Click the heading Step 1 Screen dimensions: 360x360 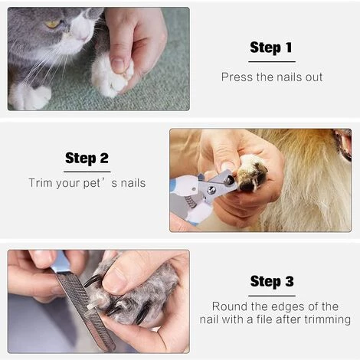[x=271, y=47]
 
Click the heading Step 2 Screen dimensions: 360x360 [x=87, y=159]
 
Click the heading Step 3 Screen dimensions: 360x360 [x=272, y=282]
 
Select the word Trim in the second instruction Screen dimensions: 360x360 [x=40, y=183]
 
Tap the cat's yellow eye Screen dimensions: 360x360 [x=53, y=24]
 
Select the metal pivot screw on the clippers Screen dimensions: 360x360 [x=211, y=190]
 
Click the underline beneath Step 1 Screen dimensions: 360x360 [x=272, y=61]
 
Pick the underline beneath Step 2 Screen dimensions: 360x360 [x=87, y=172]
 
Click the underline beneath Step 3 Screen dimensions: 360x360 [x=272, y=296]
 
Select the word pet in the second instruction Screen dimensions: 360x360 [x=92, y=184]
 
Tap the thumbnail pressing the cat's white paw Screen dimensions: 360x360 [x=118, y=64]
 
